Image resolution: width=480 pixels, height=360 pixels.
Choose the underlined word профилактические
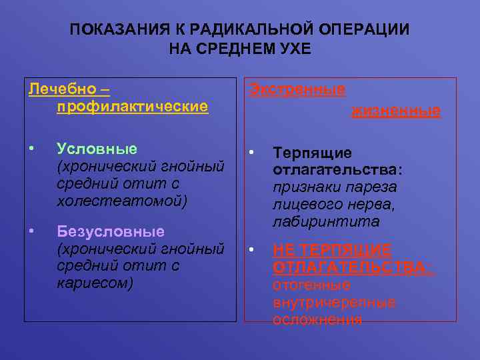click(x=133, y=106)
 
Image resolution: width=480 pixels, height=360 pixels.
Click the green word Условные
click(x=97, y=149)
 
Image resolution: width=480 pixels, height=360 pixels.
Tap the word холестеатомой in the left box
click(x=120, y=201)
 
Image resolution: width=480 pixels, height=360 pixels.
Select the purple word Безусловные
click(x=111, y=232)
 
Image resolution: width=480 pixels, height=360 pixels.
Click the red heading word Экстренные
click(x=297, y=89)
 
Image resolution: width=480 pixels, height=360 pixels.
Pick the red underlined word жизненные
click(x=396, y=111)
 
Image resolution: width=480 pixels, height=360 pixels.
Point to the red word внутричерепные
click(x=334, y=303)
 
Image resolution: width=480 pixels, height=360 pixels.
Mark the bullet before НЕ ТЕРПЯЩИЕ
click(x=252, y=250)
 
